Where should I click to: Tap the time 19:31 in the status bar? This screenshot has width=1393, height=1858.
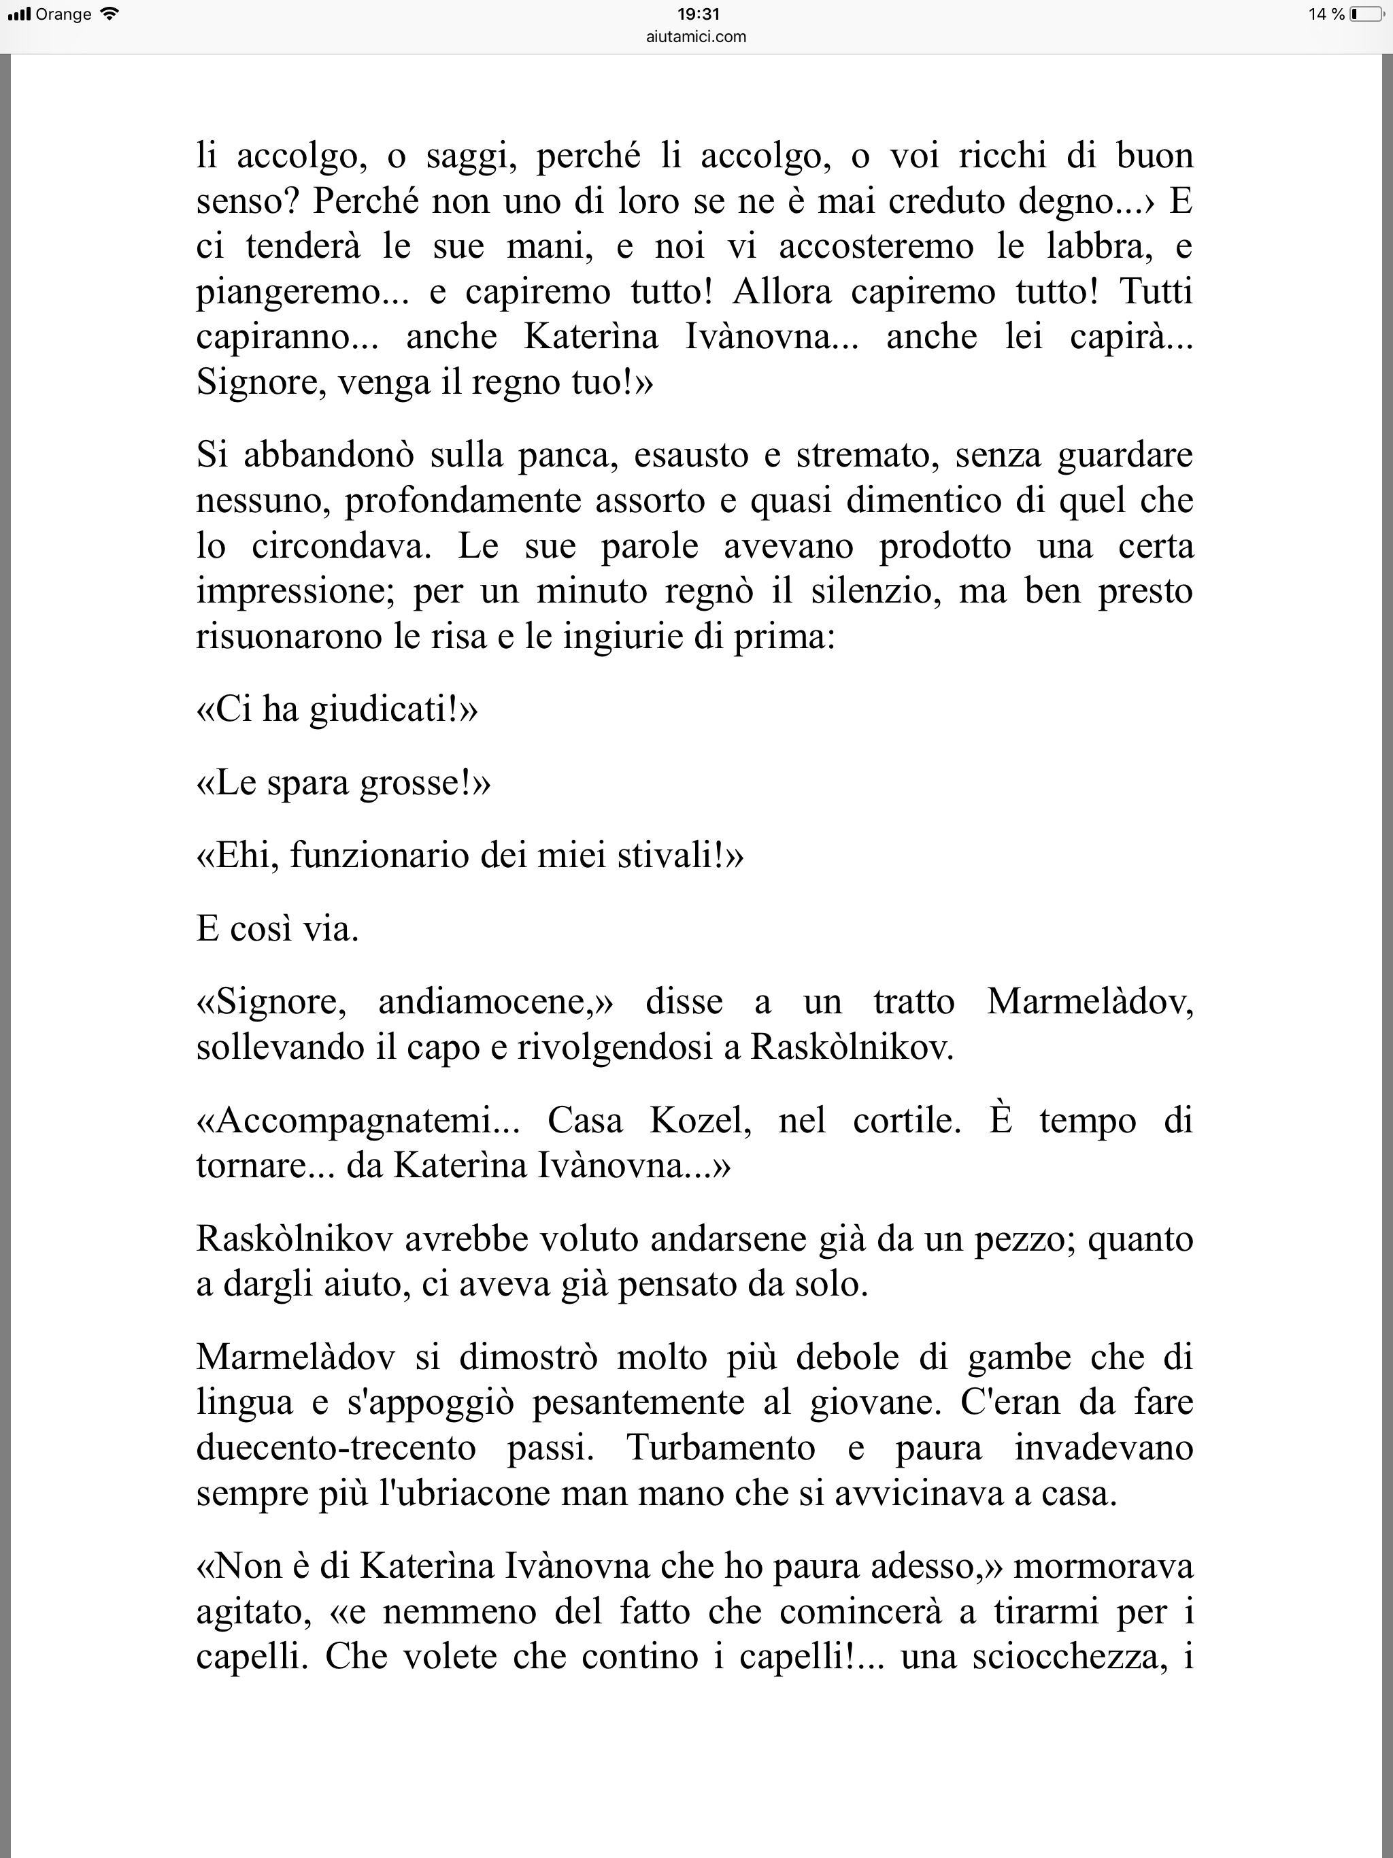(x=697, y=14)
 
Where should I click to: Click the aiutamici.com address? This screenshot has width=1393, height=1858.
(x=696, y=36)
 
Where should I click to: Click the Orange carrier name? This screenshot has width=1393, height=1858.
(x=64, y=14)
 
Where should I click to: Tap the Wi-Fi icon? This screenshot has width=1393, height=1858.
(x=110, y=14)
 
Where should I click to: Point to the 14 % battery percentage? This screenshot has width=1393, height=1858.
(x=1326, y=14)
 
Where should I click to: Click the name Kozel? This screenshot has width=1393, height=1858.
(x=699, y=1121)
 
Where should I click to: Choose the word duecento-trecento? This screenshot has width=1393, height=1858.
(x=336, y=1448)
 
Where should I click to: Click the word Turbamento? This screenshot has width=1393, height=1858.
(x=721, y=1448)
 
